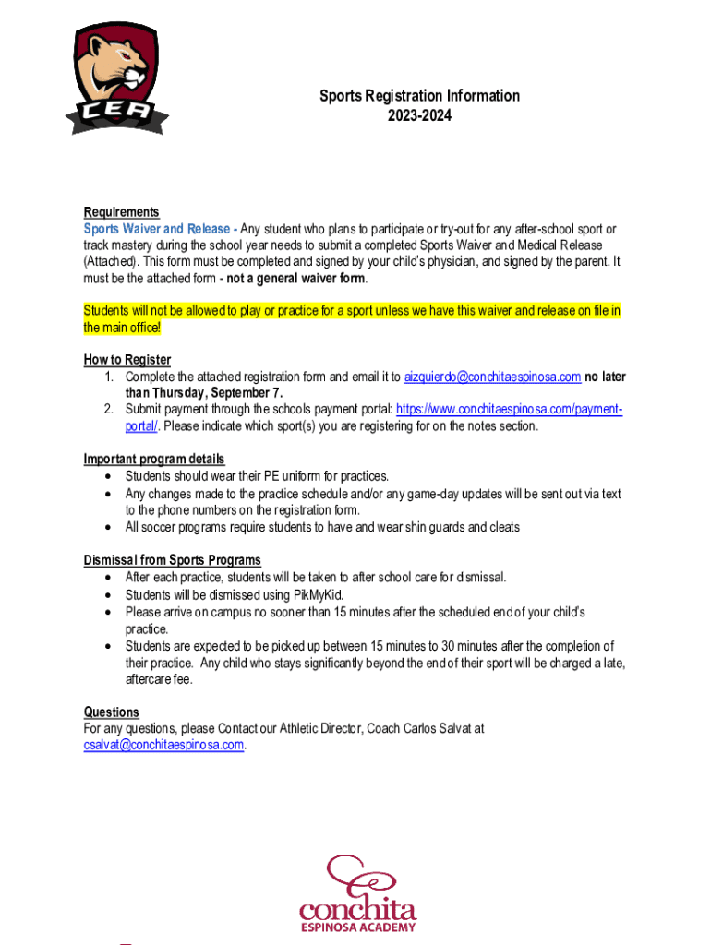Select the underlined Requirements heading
pyautogui.click(x=121, y=212)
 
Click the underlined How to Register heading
pyautogui.click(x=127, y=360)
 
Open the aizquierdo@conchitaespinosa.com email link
pyautogui.click(x=492, y=377)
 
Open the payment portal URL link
pyautogui.click(x=509, y=409)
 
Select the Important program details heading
pyautogui.click(x=154, y=460)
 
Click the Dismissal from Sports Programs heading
pyautogui.click(x=172, y=560)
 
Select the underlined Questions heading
pyautogui.click(x=111, y=712)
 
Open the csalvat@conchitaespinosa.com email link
pyautogui.click(x=163, y=745)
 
